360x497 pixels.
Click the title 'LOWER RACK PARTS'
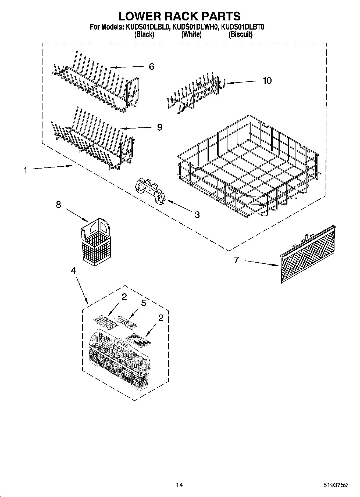click(x=179, y=16)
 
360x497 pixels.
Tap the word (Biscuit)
click(x=240, y=34)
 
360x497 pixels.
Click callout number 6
click(x=151, y=66)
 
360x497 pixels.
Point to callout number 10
click(x=267, y=80)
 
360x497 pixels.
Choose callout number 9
click(x=159, y=127)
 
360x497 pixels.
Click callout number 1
click(x=25, y=170)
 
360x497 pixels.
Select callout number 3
click(x=197, y=214)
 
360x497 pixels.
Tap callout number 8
click(x=58, y=205)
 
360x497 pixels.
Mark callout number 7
click(x=236, y=260)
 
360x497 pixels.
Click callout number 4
click(x=73, y=271)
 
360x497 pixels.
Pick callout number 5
click(x=144, y=303)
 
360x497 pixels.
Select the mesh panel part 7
click(x=308, y=254)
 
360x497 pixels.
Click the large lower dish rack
click(x=247, y=167)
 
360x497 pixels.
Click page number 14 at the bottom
click(x=179, y=485)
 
